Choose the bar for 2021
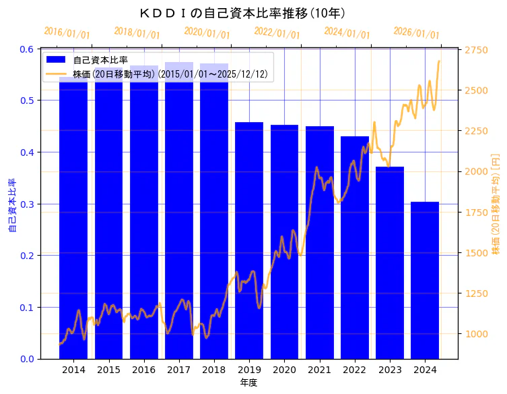tap(320, 242)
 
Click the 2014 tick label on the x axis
tap(73, 370)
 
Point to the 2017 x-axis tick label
tap(179, 370)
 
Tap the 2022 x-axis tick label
tap(355, 370)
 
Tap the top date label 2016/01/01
tap(67, 33)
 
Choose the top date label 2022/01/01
tap(277, 33)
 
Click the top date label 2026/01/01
tap(416, 33)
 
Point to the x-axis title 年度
tap(249, 383)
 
